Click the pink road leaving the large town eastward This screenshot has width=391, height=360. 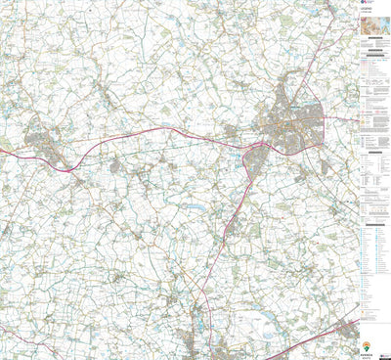337,118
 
